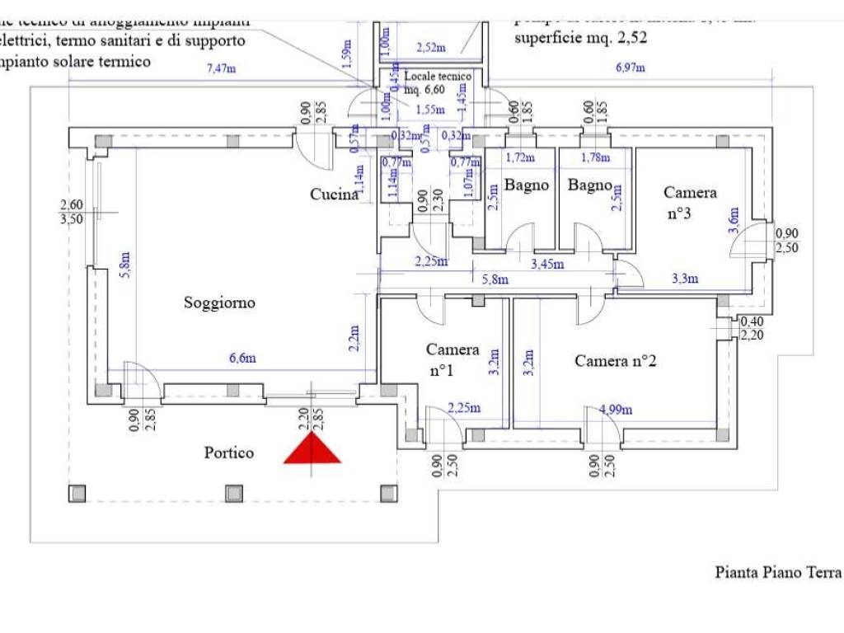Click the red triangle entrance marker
point(312,449)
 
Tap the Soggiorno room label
point(219,302)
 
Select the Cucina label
point(334,195)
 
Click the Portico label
point(228,452)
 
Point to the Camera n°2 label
point(614,360)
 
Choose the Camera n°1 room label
point(452,359)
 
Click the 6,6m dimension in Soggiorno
point(241,358)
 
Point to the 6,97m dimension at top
point(631,69)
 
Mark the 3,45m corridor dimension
point(547,264)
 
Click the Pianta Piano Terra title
point(777,572)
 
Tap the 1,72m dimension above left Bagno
point(520,157)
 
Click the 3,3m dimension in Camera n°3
point(685,279)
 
